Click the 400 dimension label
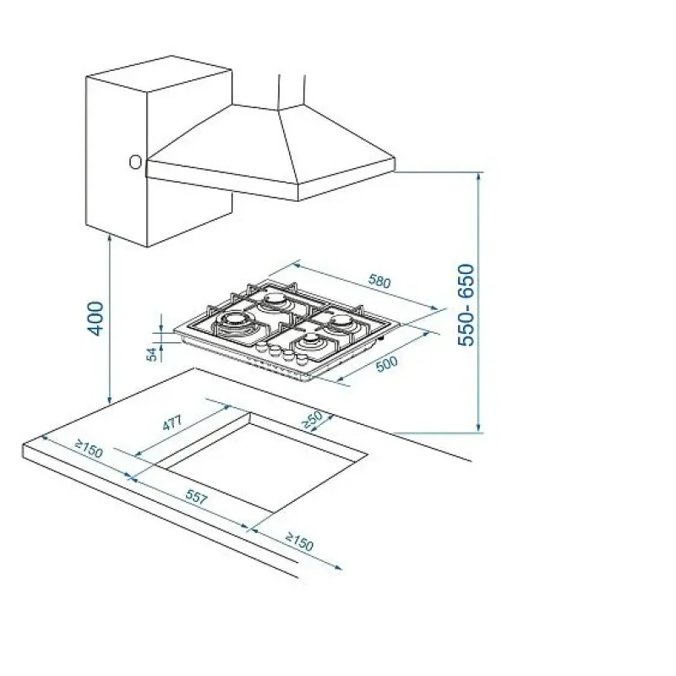(x=95, y=319)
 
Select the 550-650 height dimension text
(x=466, y=304)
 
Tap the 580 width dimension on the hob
(x=379, y=281)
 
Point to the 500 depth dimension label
(x=387, y=363)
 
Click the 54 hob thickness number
(x=152, y=354)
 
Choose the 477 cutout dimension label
(x=172, y=422)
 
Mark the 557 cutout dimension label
(x=197, y=497)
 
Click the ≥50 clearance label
(x=312, y=419)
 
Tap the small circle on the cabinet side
(x=135, y=162)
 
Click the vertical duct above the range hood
(x=292, y=90)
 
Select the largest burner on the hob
(x=233, y=321)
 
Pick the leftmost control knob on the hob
(x=261, y=347)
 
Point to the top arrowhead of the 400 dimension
(x=111, y=238)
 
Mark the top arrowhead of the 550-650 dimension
(x=478, y=177)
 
